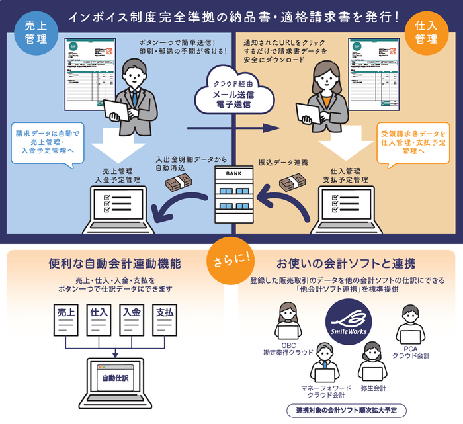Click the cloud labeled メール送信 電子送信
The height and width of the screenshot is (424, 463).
232,95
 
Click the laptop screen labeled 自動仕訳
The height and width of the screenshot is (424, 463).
116,379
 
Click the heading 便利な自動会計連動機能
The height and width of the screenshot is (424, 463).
116,264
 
